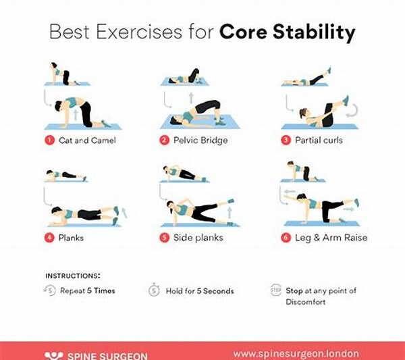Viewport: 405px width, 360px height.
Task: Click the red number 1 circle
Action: click(x=49, y=140)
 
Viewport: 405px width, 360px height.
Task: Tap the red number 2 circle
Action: click(x=164, y=140)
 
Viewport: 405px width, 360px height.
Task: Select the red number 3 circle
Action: click(x=286, y=140)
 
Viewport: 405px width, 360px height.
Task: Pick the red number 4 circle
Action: click(x=49, y=238)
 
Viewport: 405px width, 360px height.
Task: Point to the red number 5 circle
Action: click(x=164, y=238)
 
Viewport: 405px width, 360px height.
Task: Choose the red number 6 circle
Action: click(x=286, y=238)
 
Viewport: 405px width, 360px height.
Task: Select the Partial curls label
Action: click(x=319, y=140)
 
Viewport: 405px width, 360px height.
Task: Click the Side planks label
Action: click(x=198, y=238)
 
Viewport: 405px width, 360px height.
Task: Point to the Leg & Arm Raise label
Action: click(x=327, y=238)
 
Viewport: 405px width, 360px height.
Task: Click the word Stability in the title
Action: click(x=318, y=32)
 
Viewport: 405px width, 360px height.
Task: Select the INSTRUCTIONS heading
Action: click(x=72, y=276)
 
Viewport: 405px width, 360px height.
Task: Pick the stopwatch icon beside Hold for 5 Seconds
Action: click(x=153, y=291)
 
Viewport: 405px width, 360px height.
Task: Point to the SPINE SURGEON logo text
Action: click(x=105, y=355)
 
